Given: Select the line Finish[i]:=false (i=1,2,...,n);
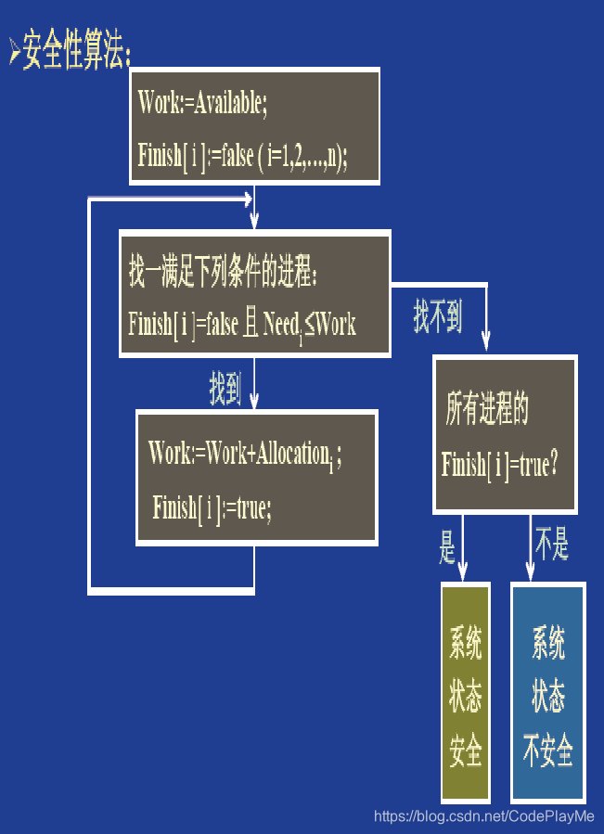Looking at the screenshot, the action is point(242,154).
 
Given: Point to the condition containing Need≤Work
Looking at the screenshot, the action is point(242,325).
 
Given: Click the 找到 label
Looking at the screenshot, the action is point(225,390).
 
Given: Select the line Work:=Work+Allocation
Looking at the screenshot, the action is point(244,454).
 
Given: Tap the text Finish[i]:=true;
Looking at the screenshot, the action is point(212,507).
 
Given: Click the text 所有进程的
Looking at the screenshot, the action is point(487,411).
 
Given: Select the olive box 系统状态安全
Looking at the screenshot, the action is point(466,692).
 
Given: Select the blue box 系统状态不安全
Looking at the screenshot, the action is point(548,692).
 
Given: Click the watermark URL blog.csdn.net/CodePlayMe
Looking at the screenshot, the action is point(483,816).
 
